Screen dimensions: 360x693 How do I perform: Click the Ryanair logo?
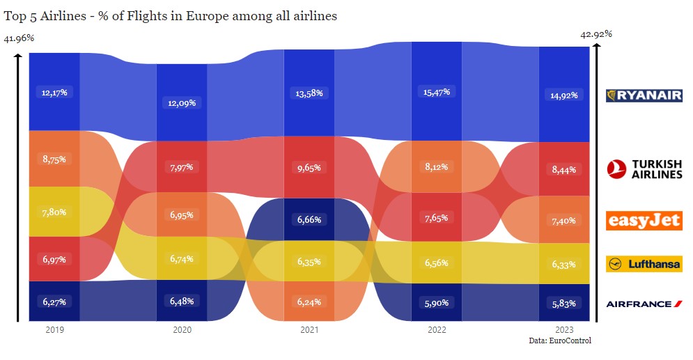pyautogui.click(x=644, y=95)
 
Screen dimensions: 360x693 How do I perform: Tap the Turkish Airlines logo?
pyautogui.click(x=644, y=169)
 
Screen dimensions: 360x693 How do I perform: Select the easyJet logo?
pyautogui.click(x=644, y=221)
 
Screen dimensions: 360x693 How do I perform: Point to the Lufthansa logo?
pyautogui.click(x=644, y=264)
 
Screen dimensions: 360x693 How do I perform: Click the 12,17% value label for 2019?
pyautogui.click(x=54, y=92)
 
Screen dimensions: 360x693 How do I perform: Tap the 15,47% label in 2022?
pyautogui.click(x=436, y=92)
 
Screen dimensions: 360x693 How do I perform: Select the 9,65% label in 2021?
pyautogui.click(x=309, y=168)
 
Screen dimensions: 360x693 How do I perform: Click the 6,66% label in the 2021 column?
pyautogui.click(x=309, y=219)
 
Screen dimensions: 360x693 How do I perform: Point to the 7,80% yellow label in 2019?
pyautogui.click(x=54, y=212)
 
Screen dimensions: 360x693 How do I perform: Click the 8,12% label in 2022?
pyautogui.click(x=436, y=167)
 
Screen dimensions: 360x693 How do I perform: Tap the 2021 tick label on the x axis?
pyautogui.click(x=309, y=329)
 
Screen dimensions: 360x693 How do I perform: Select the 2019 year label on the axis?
pyautogui.click(x=54, y=329)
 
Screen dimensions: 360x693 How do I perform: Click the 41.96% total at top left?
pyautogui.click(x=19, y=38)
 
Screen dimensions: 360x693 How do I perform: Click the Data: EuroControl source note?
pyautogui.click(x=560, y=341)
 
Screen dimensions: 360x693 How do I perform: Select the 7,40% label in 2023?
pyautogui.click(x=563, y=220)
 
